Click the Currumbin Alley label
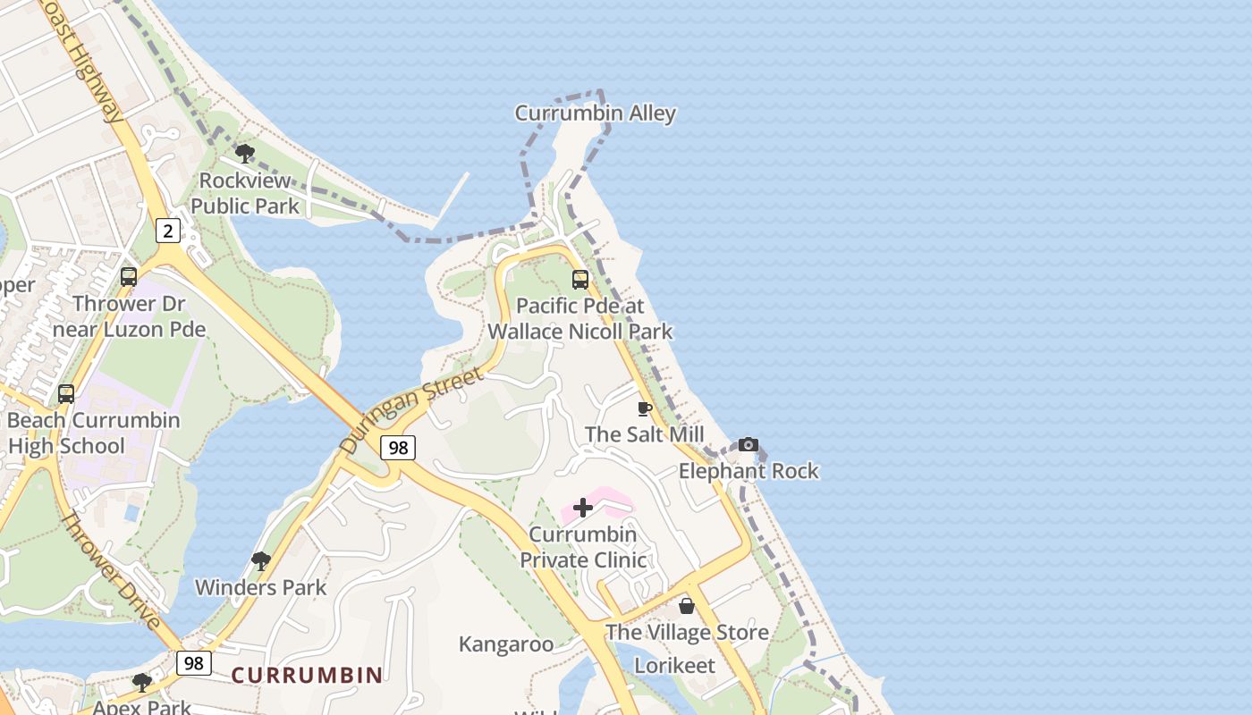coord(595,114)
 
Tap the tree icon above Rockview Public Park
coord(244,154)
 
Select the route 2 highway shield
coord(168,231)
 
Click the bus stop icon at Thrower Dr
coord(129,277)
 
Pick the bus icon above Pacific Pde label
coord(580,280)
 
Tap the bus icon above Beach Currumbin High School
coord(66,393)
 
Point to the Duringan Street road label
coord(412,409)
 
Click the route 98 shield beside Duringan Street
coord(398,448)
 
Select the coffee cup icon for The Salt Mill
coord(644,409)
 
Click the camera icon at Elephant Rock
coord(749,445)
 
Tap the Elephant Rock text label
coord(749,471)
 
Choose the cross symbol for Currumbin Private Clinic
coord(583,509)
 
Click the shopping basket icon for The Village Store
coord(687,607)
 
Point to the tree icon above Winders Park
coord(261,561)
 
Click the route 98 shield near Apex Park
coord(193,662)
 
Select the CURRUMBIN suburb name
coord(307,675)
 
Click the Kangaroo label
coord(506,644)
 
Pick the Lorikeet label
coord(674,666)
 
